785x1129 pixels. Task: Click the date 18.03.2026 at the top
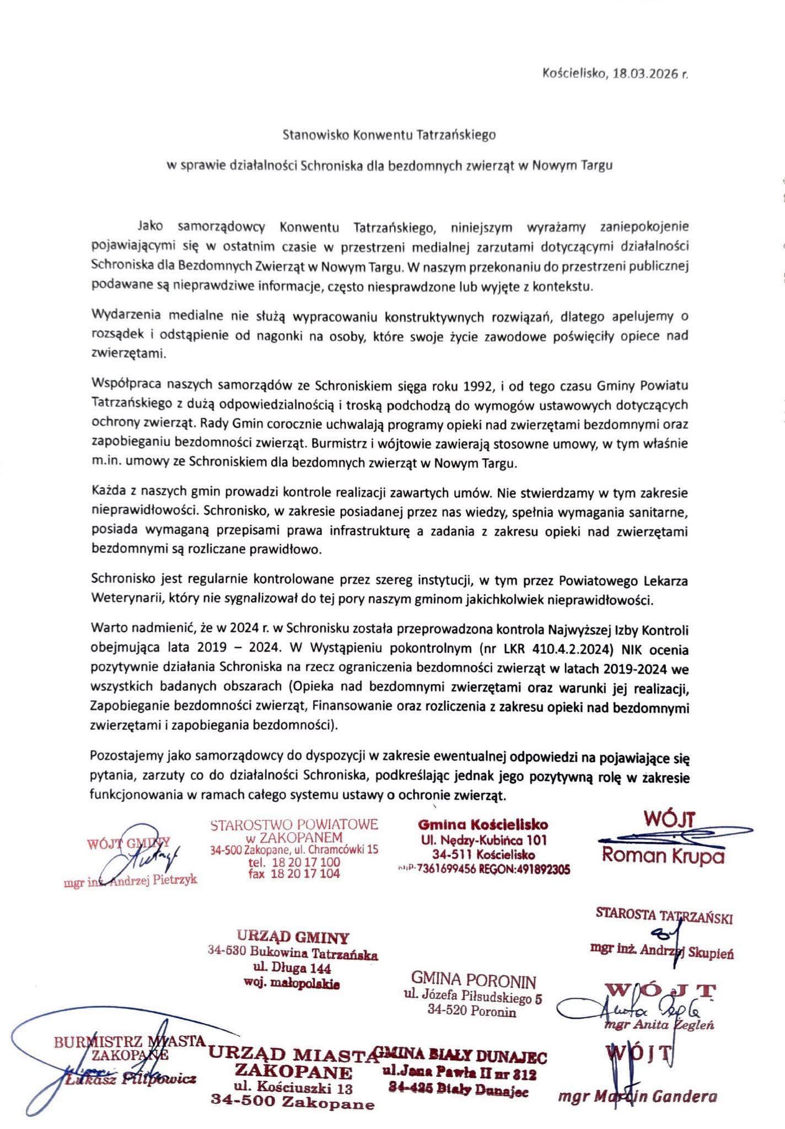[642, 75]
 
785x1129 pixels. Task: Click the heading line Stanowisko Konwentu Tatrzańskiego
[389, 135]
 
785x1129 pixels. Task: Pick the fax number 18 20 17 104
[295, 873]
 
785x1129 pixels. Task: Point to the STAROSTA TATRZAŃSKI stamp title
[664, 916]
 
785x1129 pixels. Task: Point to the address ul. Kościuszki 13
[293, 1088]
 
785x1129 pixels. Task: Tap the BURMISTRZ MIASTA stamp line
[129, 1042]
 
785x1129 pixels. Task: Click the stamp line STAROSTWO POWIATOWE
[294, 825]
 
